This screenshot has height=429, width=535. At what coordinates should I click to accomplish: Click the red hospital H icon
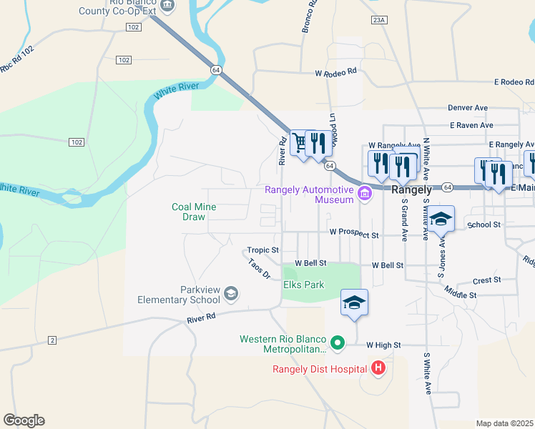tap(378, 369)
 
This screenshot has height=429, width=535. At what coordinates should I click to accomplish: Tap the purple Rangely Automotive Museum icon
tap(365, 193)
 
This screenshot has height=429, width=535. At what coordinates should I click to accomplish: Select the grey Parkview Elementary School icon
tap(231, 293)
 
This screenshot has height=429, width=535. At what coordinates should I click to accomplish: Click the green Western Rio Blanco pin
tap(339, 344)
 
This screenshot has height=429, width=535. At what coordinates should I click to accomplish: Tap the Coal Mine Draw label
tap(193, 212)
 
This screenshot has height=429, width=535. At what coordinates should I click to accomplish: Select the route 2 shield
tap(52, 340)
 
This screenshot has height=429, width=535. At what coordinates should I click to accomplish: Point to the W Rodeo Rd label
tap(336, 72)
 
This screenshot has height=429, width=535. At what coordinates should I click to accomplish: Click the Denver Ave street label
tap(468, 107)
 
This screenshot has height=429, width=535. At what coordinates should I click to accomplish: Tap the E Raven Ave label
tap(471, 125)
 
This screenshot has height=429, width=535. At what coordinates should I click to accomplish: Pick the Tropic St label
tap(262, 250)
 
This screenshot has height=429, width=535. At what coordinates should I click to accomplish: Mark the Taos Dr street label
tap(259, 269)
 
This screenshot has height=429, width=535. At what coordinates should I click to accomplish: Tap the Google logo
tap(24, 420)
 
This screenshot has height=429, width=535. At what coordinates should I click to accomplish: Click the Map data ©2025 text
tap(504, 423)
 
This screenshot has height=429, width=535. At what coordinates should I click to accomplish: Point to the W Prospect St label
tap(353, 233)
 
